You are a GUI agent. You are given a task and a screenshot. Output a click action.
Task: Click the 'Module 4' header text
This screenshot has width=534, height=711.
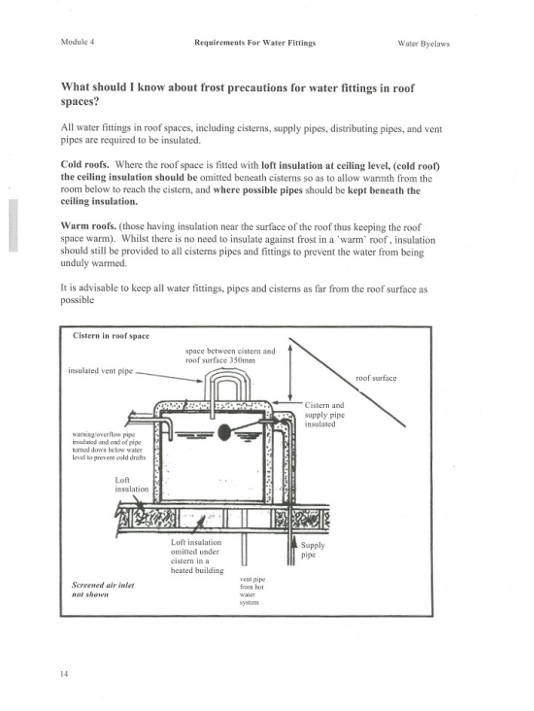[x=78, y=42]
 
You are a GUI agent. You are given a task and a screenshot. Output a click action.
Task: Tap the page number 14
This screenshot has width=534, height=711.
[x=64, y=674]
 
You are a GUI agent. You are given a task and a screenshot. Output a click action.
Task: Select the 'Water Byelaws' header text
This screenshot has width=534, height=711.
[x=423, y=44]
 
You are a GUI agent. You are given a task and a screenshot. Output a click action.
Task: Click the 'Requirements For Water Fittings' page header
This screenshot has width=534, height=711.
[x=254, y=43]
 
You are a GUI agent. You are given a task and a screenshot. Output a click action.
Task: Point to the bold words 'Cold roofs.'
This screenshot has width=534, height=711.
[x=84, y=164]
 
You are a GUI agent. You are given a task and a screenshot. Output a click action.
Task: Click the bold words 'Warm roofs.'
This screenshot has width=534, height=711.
[x=88, y=225]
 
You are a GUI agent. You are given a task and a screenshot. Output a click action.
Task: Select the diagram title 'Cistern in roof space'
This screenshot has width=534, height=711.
[x=111, y=336]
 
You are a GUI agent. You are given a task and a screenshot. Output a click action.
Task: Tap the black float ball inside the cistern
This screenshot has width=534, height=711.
[x=224, y=432]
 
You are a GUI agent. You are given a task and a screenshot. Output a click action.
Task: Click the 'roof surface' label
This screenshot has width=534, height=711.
[x=376, y=378]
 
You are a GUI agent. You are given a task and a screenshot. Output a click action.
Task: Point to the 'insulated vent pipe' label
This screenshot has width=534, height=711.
[x=100, y=370]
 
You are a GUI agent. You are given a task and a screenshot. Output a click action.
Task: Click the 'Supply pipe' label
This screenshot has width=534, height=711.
[x=313, y=550]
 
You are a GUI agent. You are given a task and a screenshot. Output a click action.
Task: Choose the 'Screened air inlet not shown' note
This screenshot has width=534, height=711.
[x=103, y=590]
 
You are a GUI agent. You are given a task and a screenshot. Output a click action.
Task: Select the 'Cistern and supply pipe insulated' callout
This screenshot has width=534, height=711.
[x=324, y=415]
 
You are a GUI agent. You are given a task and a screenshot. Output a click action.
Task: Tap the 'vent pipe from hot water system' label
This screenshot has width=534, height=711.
[x=252, y=591]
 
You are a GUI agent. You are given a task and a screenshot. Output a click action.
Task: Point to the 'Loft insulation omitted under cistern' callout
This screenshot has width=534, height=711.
[x=197, y=556]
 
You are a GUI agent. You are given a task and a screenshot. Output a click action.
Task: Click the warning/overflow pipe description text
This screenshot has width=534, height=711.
[x=109, y=446]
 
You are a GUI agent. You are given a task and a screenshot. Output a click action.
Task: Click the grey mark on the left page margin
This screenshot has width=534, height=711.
[x=14, y=225]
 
